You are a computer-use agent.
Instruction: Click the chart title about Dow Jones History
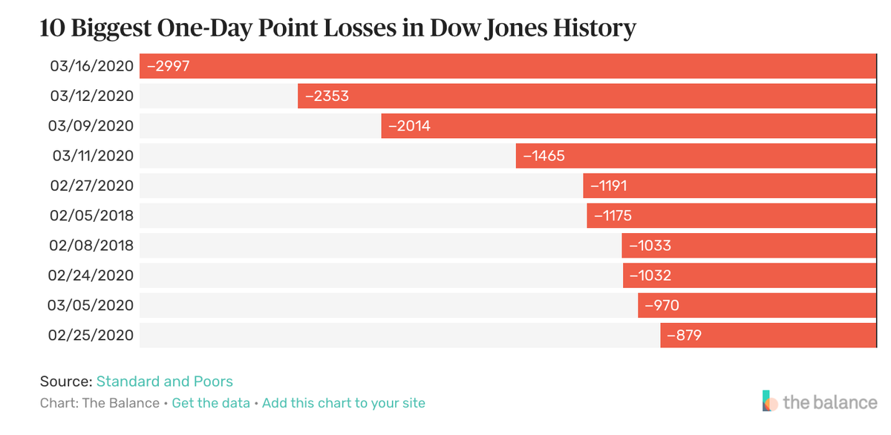[338, 28]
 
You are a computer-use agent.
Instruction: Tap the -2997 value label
[169, 66]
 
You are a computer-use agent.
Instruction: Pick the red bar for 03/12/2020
[587, 96]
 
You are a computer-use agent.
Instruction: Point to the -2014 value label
[408, 126]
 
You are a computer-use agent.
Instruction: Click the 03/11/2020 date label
[92, 156]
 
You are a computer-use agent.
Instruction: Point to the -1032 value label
[650, 275]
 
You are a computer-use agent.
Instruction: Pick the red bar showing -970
[757, 305]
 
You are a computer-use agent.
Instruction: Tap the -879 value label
[684, 336]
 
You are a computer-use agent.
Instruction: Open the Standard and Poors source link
[165, 382]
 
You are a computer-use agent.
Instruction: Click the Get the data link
[211, 403]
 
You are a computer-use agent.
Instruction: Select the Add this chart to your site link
[344, 403]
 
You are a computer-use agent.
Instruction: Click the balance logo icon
[771, 401]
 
